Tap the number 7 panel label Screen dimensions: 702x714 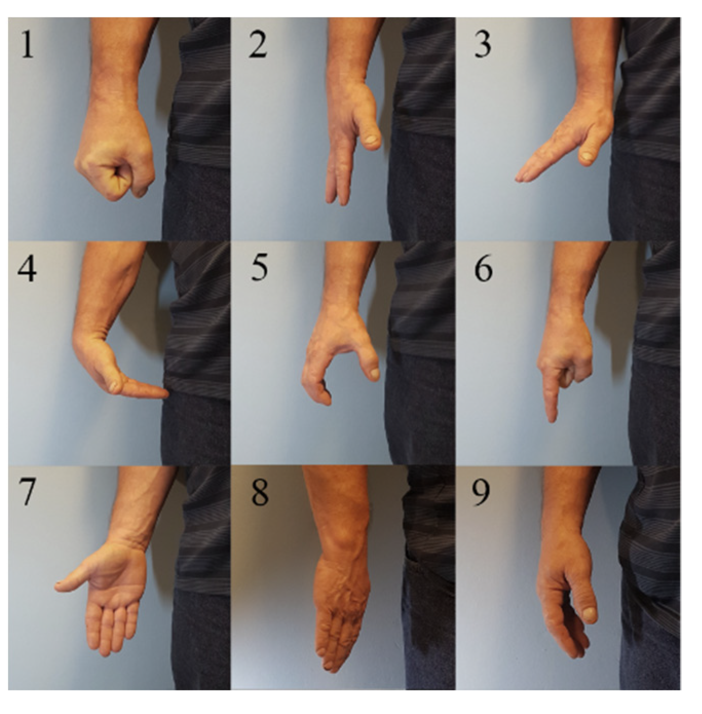coord(27,493)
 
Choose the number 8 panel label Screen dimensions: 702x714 coord(259,492)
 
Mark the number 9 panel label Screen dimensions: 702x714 coord(482,493)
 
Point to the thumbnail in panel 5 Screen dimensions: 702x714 coord(373,373)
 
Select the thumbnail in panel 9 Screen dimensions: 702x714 coord(590,615)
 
